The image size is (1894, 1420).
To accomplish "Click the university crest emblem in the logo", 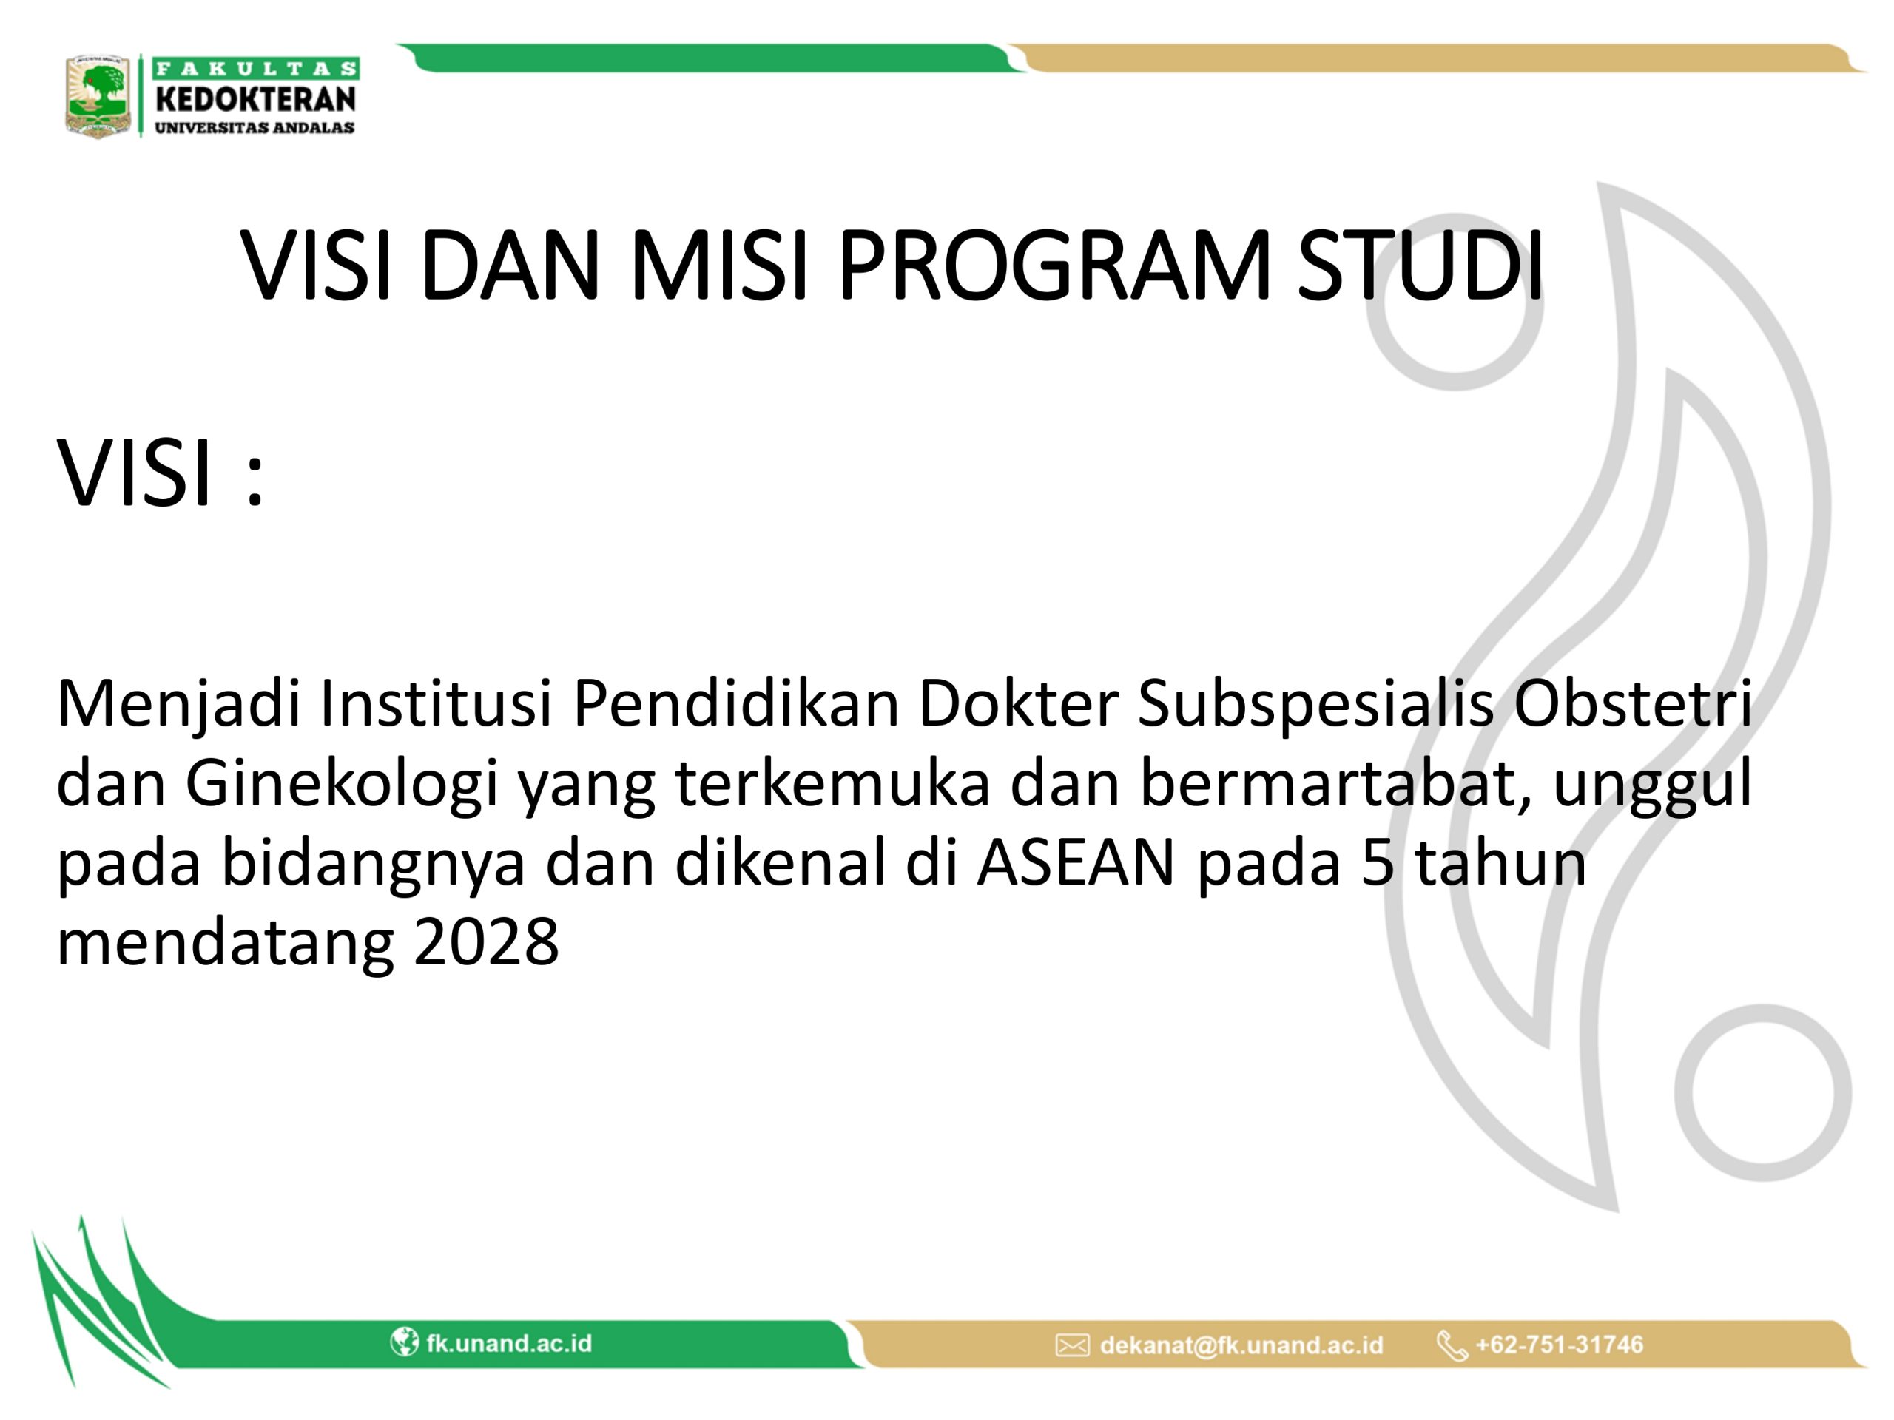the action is (x=98, y=96).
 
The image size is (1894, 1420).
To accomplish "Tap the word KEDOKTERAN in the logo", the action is (x=255, y=99).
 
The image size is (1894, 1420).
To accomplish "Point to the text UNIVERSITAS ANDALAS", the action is (x=255, y=127).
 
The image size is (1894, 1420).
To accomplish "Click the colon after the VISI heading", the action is (x=255, y=483).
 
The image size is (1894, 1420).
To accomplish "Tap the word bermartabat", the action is (x=1338, y=783).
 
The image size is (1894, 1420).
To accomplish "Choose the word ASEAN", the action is (x=1076, y=863).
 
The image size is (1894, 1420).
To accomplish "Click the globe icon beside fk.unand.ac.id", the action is (x=404, y=1342).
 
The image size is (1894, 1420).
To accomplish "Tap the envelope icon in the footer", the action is (x=1072, y=1345).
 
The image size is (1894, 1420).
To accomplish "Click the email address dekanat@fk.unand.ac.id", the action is (x=1241, y=1345).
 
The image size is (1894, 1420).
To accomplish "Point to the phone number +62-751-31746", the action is (x=1559, y=1345).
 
